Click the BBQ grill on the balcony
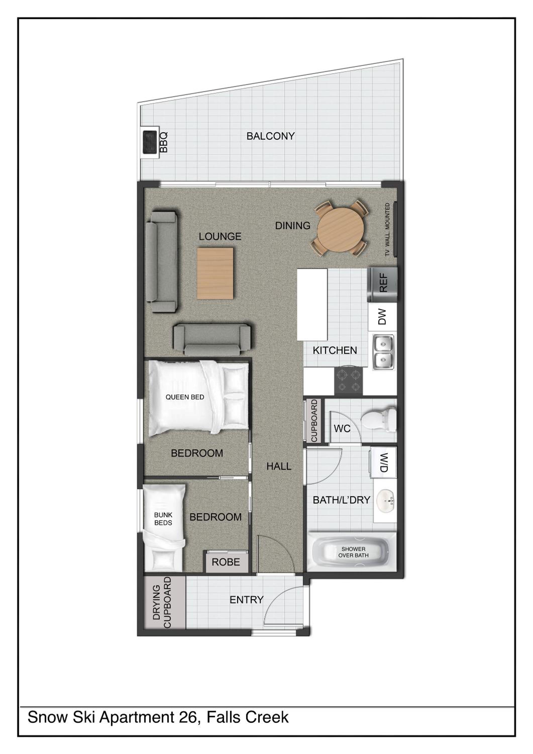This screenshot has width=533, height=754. (150, 142)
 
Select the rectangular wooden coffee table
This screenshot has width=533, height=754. (215, 273)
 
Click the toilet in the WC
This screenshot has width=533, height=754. (379, 419)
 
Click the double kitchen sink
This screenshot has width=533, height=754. (383, 352)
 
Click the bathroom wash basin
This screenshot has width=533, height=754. (385, 501)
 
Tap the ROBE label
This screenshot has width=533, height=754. (226, 562)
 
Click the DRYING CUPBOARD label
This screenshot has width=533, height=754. (162, 603)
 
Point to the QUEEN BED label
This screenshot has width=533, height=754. (185, 397)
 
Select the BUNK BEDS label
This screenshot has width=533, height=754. (163, 519)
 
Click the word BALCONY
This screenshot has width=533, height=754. (271, 136)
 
